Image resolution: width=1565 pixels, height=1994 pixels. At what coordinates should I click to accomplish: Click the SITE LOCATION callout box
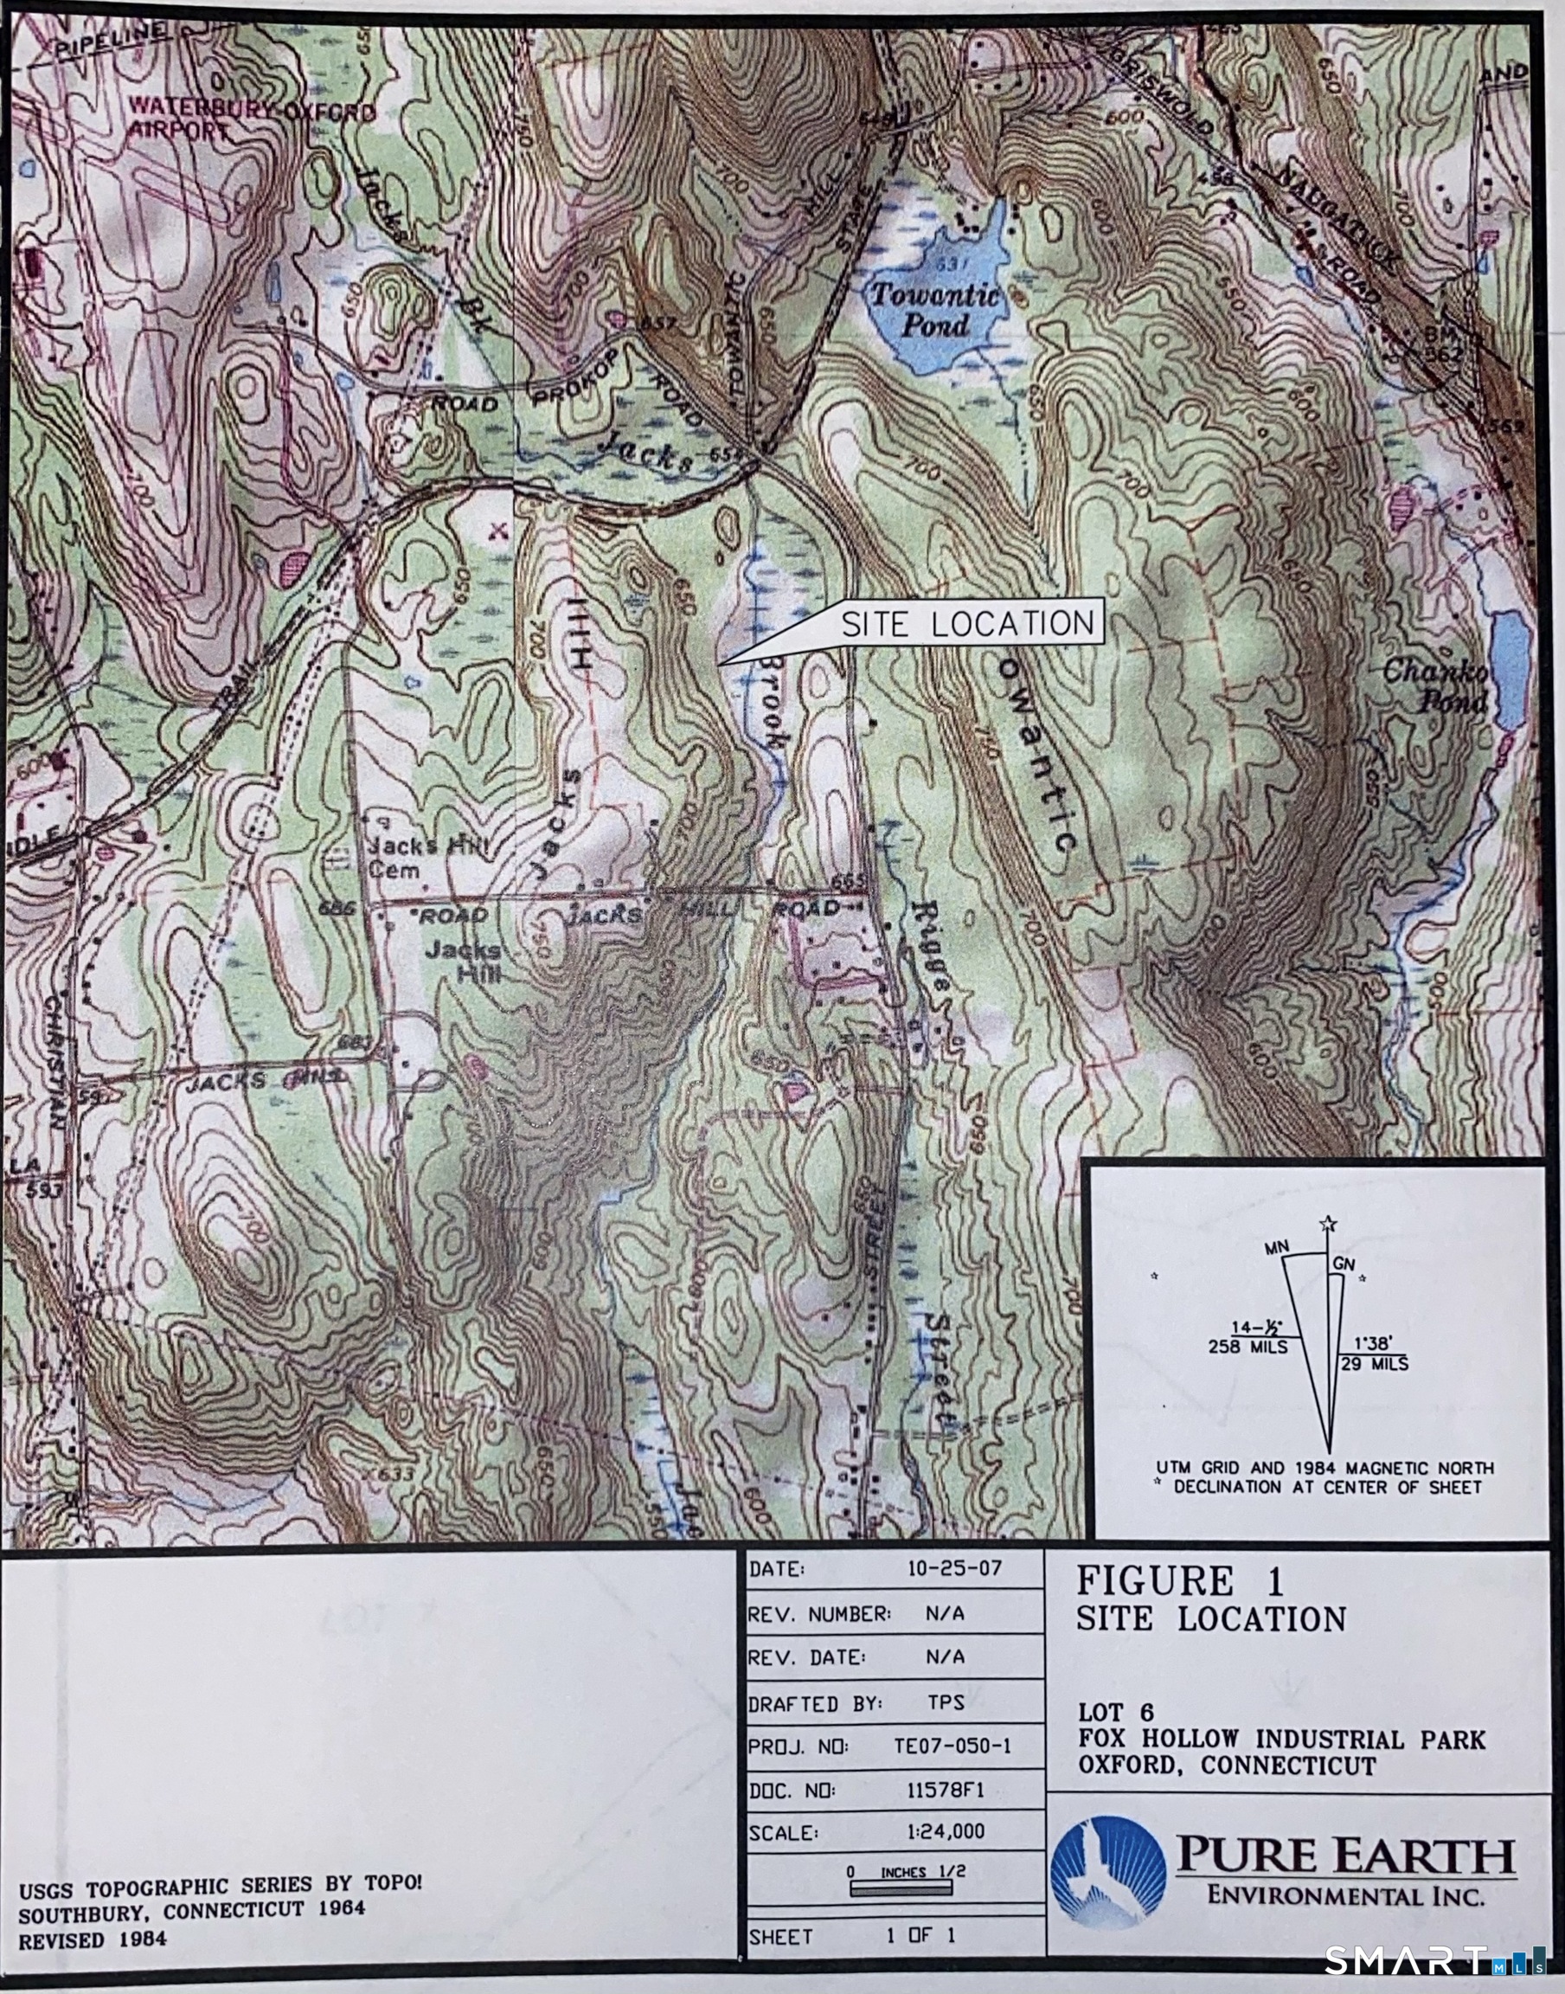(x=966, y=624)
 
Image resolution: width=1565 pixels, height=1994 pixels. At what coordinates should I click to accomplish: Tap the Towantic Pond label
(x=934, y=310)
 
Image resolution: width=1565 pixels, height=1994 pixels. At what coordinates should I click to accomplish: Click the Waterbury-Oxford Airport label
(x=251, y=120)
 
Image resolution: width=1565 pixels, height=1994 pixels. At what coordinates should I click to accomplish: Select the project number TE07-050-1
(x=952, y=1746)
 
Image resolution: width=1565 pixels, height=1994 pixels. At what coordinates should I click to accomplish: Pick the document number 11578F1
(x=946, y=1791)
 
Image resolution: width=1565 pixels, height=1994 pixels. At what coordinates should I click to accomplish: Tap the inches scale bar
(x=901, y=1885)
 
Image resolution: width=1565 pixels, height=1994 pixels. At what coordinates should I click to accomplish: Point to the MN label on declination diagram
(x=1276, y=1249)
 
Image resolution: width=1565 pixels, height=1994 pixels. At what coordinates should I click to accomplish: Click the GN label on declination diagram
(x=1344, y=1264)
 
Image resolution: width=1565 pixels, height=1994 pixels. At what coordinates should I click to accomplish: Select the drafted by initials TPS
(x=945, y=1702)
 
